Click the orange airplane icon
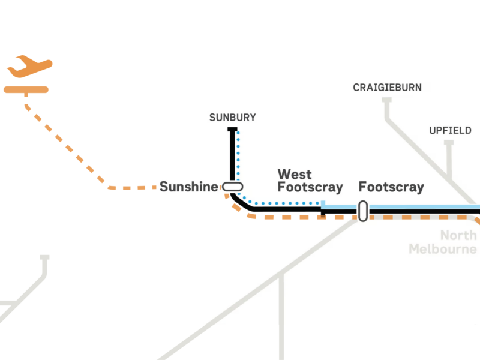29,67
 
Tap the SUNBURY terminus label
233,118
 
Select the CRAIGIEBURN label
387,88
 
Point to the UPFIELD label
450,131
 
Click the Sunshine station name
189,187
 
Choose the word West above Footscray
295,174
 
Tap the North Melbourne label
443,242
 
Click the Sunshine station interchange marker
232,187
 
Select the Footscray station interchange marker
363,211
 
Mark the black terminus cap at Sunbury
232,130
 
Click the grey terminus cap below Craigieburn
387,100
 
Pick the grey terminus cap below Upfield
449,143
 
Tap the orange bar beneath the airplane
26,89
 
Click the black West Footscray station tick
323,212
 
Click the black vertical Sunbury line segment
232,156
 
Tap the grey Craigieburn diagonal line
428,159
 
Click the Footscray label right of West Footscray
391,187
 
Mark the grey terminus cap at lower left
44,257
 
